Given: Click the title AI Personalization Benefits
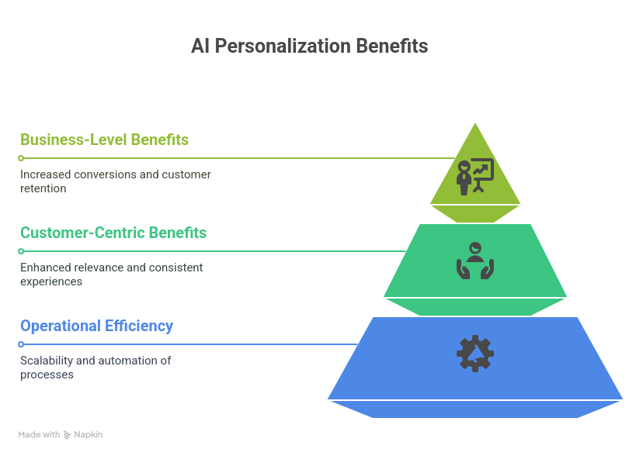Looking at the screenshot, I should point(309,47).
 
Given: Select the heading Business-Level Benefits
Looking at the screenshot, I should point(104,140).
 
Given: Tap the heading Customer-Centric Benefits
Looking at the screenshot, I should point(113,233).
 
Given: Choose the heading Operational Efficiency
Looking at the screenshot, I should point(96,326).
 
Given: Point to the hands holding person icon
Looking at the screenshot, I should point(475,261).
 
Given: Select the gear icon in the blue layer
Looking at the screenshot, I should point(475,354).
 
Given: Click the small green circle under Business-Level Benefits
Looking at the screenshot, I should point(21,158).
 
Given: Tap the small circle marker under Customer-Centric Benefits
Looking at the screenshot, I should point(21,251).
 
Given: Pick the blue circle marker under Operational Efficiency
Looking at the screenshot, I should point(21,344).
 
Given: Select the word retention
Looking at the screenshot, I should point(43,188).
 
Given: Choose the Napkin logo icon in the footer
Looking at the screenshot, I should point(68,435).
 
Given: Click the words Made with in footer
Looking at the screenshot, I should point(39,435).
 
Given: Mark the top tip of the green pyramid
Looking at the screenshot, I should point(475,123).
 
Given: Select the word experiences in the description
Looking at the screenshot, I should point(51,282).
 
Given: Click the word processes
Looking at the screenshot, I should point(47,375).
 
